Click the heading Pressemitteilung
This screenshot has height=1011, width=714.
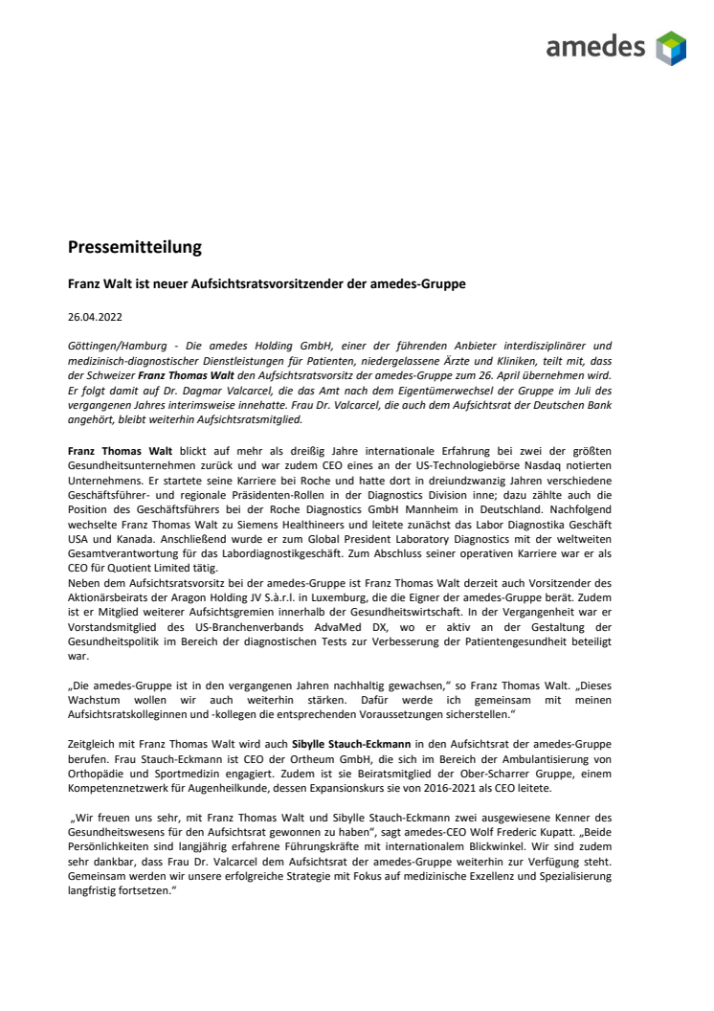point(135,247)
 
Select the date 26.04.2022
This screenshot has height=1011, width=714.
point(94,315)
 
